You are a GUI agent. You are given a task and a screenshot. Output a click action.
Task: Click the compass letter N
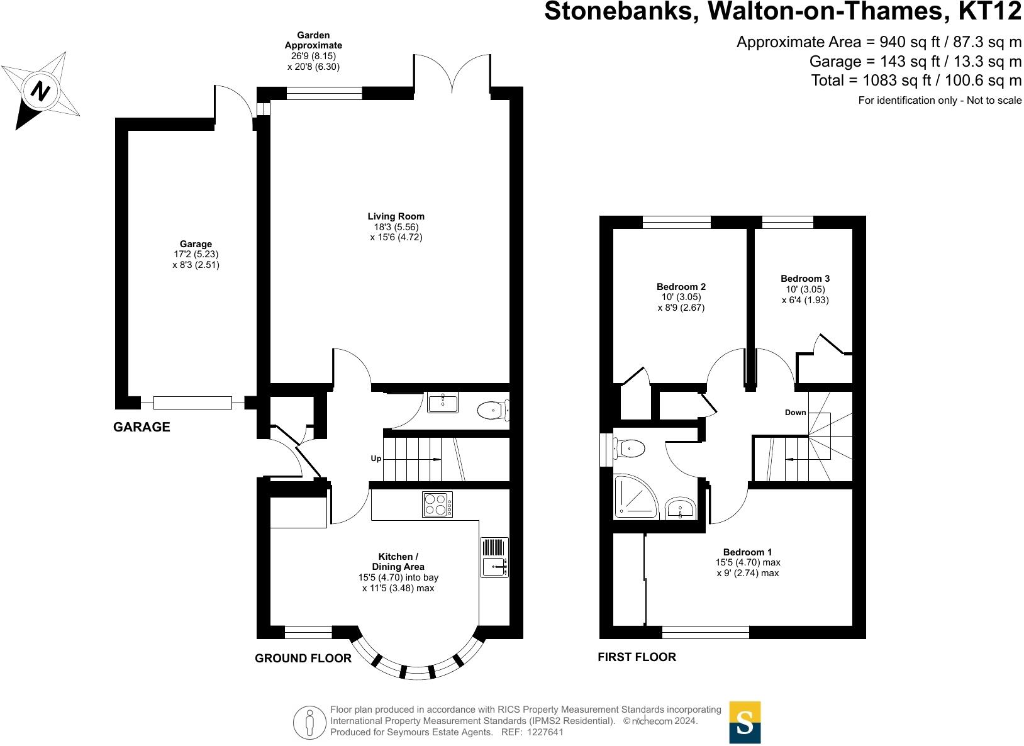pyautogui.click(x=41, y=91)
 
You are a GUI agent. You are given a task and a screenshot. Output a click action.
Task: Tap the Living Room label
pyautogui.click(x=396, y=216)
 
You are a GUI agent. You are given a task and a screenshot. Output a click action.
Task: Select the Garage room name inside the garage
pyautogui.click(x=196, y=244)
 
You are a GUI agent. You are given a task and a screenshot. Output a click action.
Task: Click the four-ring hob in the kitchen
pyautogui.click(x=437, y=504)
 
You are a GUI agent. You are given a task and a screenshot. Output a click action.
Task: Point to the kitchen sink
pyautogui.click(x=495, y=566)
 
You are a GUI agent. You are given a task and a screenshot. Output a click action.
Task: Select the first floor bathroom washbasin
pyautogui.click(x=680, y=508)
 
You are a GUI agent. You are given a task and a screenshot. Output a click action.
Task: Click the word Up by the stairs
pyautogui.click(x=376, y=459)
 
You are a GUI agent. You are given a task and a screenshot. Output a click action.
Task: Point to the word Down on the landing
pyautogui.click(x=795, y=413)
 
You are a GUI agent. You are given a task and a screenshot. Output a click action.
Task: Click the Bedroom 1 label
pyautogui.click(x=748, y=552)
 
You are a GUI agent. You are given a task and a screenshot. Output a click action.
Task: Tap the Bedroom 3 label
pyautogui.click(x=805, y=278)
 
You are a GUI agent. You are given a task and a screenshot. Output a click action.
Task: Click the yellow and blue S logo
pyautogui.click(x=745, y=722)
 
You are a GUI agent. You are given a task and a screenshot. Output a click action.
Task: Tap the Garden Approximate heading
pyautogui.click(x=313, y=40)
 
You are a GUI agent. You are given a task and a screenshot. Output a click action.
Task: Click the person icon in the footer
pyautogui.click(x=309, y=722)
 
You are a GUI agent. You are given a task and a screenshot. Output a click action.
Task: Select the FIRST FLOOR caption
pyautogui.click(x=637, y=657)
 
